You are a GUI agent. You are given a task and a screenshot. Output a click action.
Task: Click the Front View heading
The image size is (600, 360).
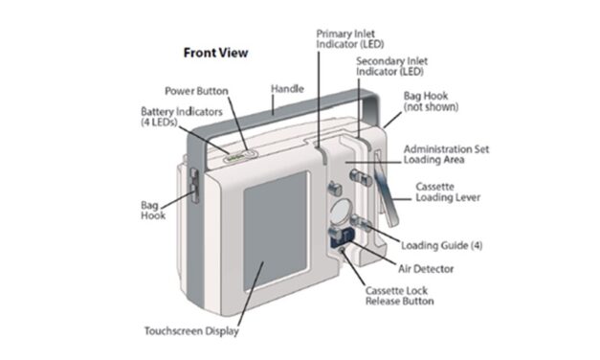click(215, 53)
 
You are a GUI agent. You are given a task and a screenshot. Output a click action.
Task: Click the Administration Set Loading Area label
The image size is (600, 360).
click(453, 156)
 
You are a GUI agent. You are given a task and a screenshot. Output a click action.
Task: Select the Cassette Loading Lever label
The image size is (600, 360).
click(448, 191)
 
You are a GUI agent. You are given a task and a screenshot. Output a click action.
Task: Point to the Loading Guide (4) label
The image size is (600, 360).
click(441, 245)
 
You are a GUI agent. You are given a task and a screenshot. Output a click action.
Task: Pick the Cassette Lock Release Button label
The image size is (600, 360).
click(399, 295)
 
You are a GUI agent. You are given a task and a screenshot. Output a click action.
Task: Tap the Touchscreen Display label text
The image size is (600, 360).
click(191, 331)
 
